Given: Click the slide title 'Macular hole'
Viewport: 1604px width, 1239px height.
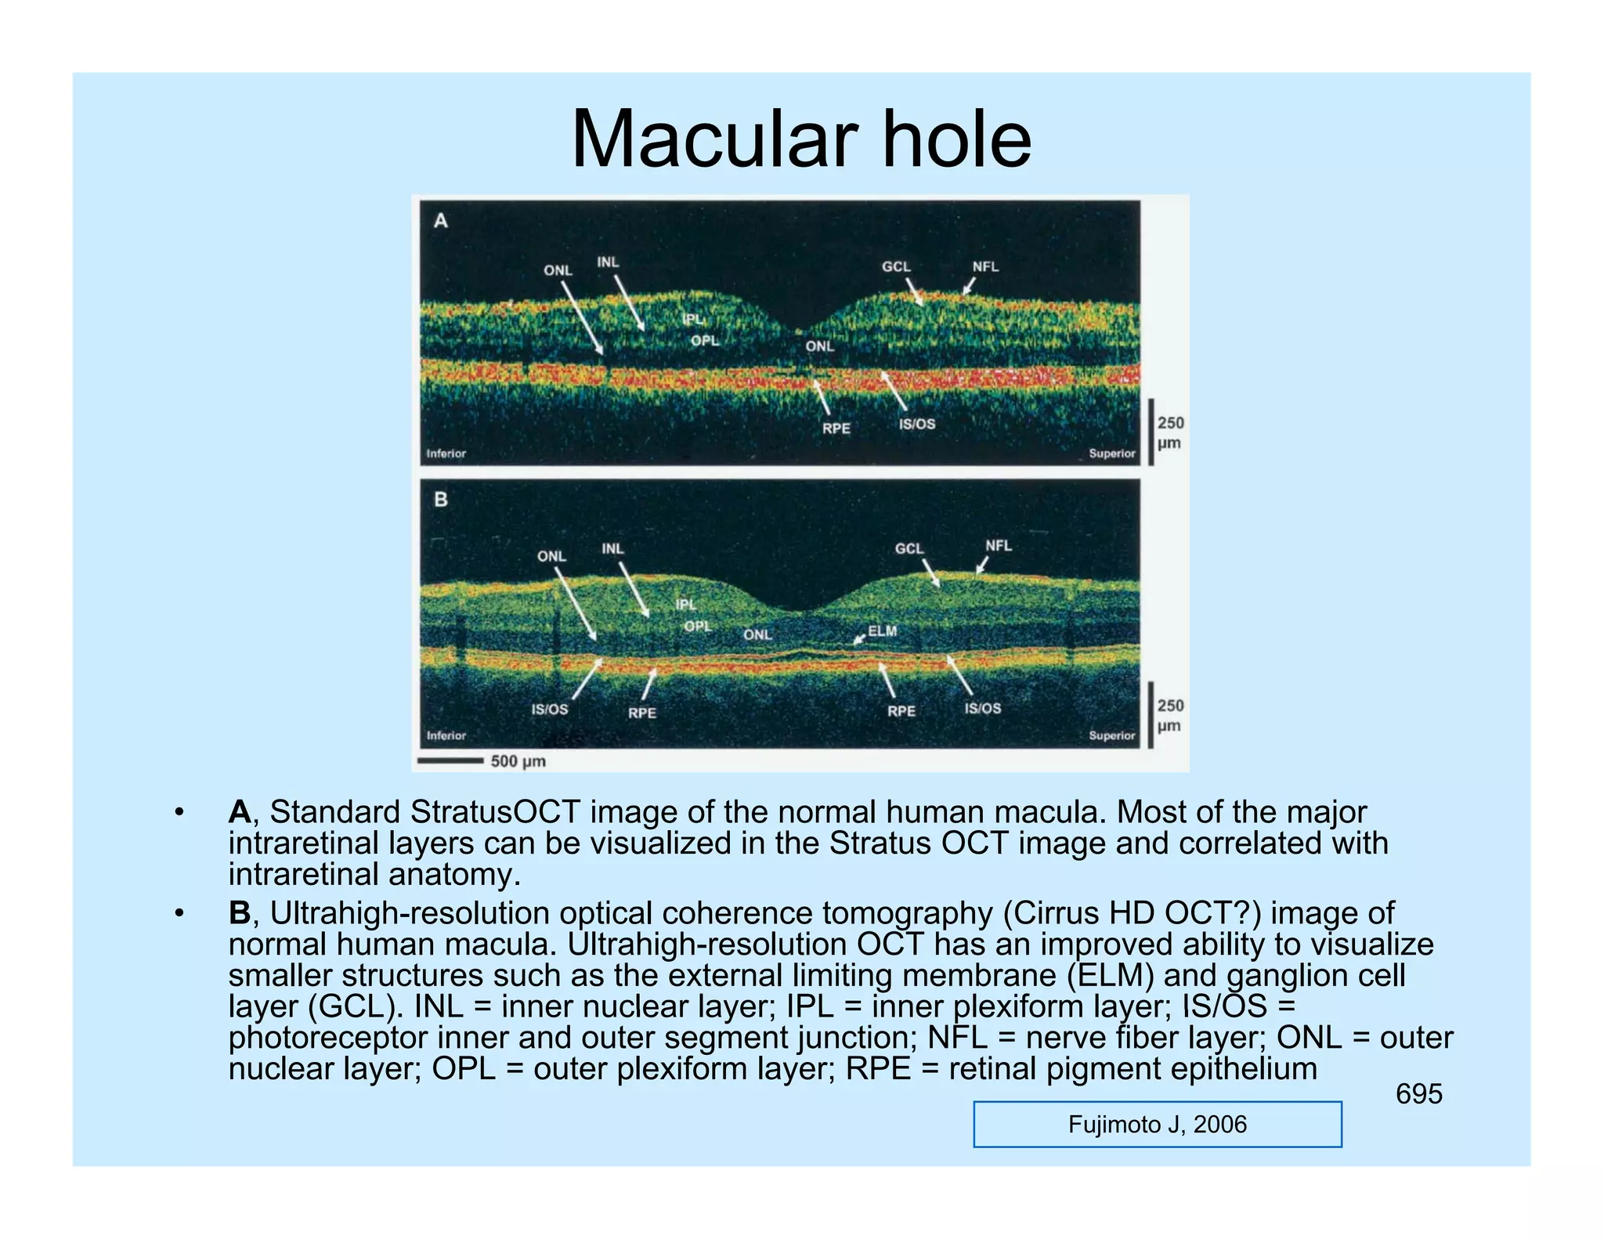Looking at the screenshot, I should (x=801, y=139).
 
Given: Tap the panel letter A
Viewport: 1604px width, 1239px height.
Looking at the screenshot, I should (x=441, y=221).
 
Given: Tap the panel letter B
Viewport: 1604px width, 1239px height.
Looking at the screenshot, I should (x=441, y=499).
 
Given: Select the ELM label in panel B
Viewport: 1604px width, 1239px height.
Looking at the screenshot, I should (x=883, y=630).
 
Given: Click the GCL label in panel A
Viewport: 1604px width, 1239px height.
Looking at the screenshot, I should (x=896, y=266).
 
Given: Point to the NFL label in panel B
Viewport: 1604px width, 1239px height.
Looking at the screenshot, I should (x=998, y=545).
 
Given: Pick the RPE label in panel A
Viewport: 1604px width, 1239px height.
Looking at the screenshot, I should (x=836, y=428).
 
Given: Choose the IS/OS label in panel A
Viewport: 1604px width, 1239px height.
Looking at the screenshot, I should (x=916, y=424).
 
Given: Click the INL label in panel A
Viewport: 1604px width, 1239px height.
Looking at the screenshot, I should (x=608, y=262).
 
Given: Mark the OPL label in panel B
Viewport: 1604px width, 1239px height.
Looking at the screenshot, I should (x=698, y=627).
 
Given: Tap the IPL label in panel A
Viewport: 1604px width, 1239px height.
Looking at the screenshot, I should (x=693, y=319).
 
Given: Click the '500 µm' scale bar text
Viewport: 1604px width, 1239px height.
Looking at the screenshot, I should (x=518, y=761).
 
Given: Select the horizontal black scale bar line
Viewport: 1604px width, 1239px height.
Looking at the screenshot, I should (x=450, y=760).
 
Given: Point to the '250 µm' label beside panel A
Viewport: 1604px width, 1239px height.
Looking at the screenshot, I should (x=1170, y=433).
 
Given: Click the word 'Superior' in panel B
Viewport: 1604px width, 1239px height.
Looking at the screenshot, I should (x=1111, y=735).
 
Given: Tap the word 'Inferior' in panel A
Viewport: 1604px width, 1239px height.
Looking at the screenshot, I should (x=446, y=453).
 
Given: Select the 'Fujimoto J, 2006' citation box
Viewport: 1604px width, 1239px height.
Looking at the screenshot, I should (x=1157, y=1125).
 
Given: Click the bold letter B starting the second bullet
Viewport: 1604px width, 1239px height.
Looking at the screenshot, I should (x=239, y=913).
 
